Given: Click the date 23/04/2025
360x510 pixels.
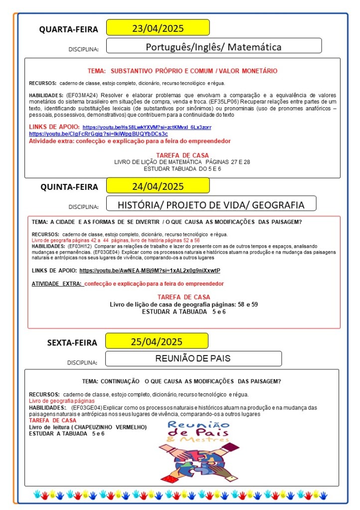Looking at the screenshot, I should (158, 27).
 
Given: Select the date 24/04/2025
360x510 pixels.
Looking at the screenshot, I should (158, 186).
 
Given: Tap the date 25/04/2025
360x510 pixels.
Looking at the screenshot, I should (157, 341).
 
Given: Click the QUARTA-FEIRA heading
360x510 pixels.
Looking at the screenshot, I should (69, 29).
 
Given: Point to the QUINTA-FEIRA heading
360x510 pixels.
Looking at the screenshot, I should (69, 187).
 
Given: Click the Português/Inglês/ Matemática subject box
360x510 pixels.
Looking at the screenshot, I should (213, 47).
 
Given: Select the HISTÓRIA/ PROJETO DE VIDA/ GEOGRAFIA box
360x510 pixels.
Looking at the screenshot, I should (210, 204).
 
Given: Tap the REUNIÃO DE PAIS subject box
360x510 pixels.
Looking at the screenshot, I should (193, 358).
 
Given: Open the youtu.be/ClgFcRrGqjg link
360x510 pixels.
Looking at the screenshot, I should (98, 134).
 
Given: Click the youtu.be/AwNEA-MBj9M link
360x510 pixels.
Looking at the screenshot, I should (150, 271).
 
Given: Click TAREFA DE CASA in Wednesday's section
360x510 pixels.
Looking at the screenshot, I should (182, 156).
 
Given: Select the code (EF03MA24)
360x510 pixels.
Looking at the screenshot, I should (80, 95).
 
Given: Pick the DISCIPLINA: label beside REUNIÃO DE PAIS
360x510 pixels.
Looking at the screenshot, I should (82, 362).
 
